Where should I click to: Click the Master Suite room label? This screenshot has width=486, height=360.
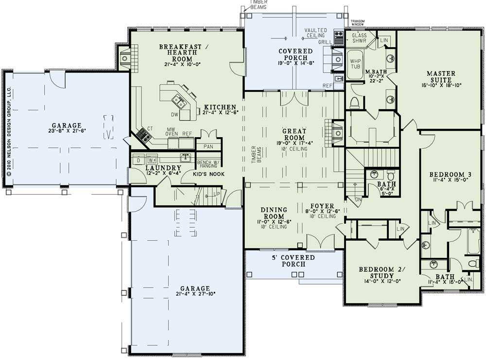pos(441,77)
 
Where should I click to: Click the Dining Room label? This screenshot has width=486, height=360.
pos(275,213)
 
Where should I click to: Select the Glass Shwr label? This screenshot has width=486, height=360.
pos(359,38)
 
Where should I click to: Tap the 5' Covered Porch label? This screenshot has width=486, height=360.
pos(293,261)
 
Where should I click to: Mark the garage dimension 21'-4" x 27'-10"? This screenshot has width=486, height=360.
pos(193,293)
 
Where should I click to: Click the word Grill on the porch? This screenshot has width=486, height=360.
pos(325,42)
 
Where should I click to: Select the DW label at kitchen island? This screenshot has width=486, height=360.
pos(174,115)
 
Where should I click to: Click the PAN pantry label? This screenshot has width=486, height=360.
pos(208,146)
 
